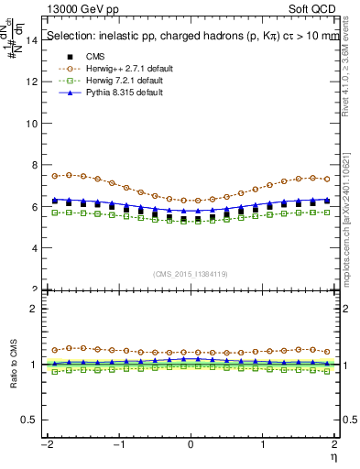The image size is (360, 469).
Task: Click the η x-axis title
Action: click(335, 455)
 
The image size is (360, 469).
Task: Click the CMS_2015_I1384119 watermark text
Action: click(191, 274)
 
